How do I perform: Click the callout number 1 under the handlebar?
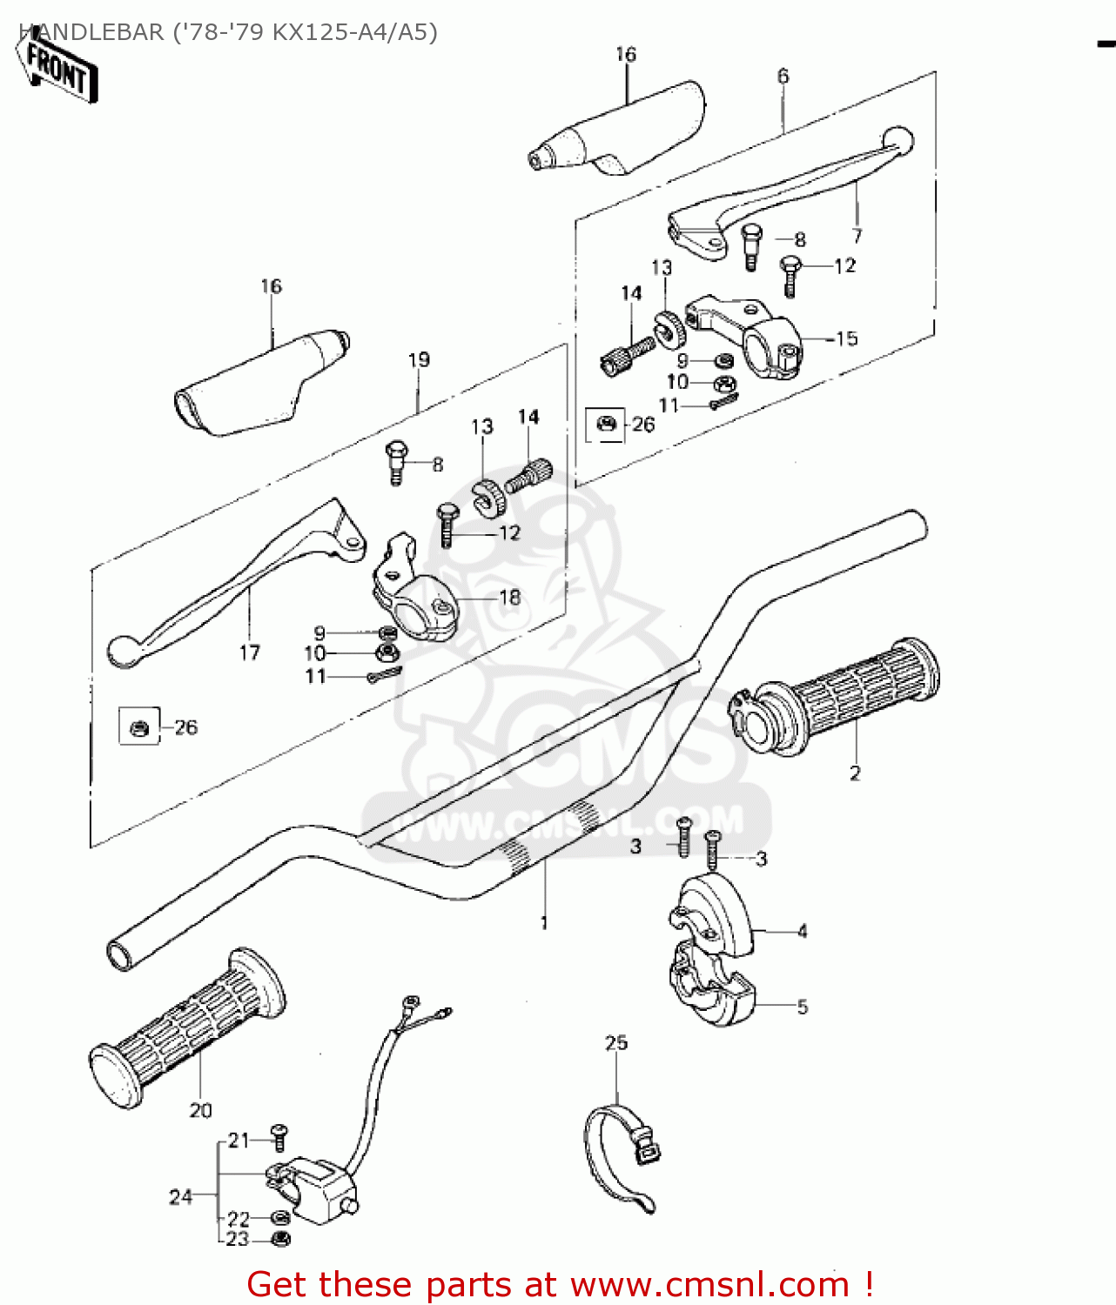[x=544, y=922]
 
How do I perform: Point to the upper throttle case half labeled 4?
[x=714, y=913]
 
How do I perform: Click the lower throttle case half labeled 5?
[x=714, y=992]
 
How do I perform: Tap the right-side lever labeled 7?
[x=783, y=191]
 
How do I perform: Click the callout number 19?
[x=419, y=359]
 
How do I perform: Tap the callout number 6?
[x=783, y=77]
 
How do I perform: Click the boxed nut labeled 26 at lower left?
[x=139, y=727]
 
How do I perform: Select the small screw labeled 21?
[x=279, y=1134]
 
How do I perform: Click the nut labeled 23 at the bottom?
[x=280, y=1238]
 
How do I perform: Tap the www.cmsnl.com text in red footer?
[x=709, y=1284]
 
